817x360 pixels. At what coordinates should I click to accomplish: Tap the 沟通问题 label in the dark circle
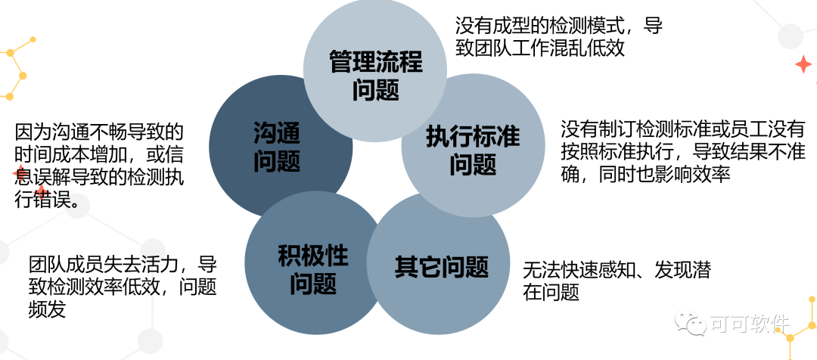(276, 147)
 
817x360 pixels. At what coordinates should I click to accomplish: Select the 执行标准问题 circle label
(473, 151)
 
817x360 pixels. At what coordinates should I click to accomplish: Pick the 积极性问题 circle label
(313, 269)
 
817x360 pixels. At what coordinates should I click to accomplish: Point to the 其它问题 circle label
(442, 266)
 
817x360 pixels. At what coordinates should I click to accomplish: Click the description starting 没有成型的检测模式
(559, 37)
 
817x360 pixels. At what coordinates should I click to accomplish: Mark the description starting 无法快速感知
(617, 280)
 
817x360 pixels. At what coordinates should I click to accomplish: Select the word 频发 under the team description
(47, 309)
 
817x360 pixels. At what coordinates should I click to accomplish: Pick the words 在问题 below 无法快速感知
(551, 292)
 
